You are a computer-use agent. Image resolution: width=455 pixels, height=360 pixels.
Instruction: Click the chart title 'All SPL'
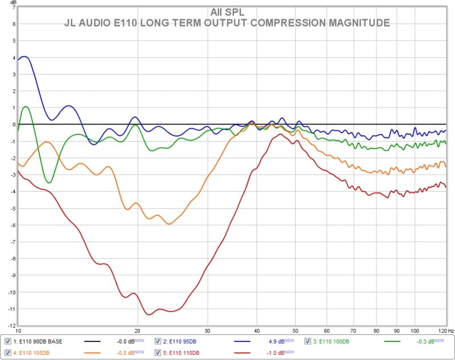227,12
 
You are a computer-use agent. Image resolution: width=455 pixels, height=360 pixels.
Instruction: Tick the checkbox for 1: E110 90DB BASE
7,341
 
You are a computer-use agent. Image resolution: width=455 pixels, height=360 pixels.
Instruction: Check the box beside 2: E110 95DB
158,341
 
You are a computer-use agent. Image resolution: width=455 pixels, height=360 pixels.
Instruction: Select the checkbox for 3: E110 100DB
308,341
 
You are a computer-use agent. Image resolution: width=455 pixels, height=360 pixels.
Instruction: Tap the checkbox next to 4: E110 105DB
7,353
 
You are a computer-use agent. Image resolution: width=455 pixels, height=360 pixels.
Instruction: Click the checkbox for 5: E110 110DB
158,353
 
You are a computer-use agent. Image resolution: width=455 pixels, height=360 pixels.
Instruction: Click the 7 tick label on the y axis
12,8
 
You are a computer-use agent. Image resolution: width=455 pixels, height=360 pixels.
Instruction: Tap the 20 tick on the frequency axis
137,330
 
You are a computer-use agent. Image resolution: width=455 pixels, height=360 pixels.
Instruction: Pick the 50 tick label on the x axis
295,330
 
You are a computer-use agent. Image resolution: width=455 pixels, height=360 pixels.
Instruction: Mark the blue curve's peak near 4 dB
24,57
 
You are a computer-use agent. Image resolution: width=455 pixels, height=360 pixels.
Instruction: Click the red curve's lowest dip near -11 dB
149,314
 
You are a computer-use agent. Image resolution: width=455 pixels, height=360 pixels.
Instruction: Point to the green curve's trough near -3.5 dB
49,183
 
